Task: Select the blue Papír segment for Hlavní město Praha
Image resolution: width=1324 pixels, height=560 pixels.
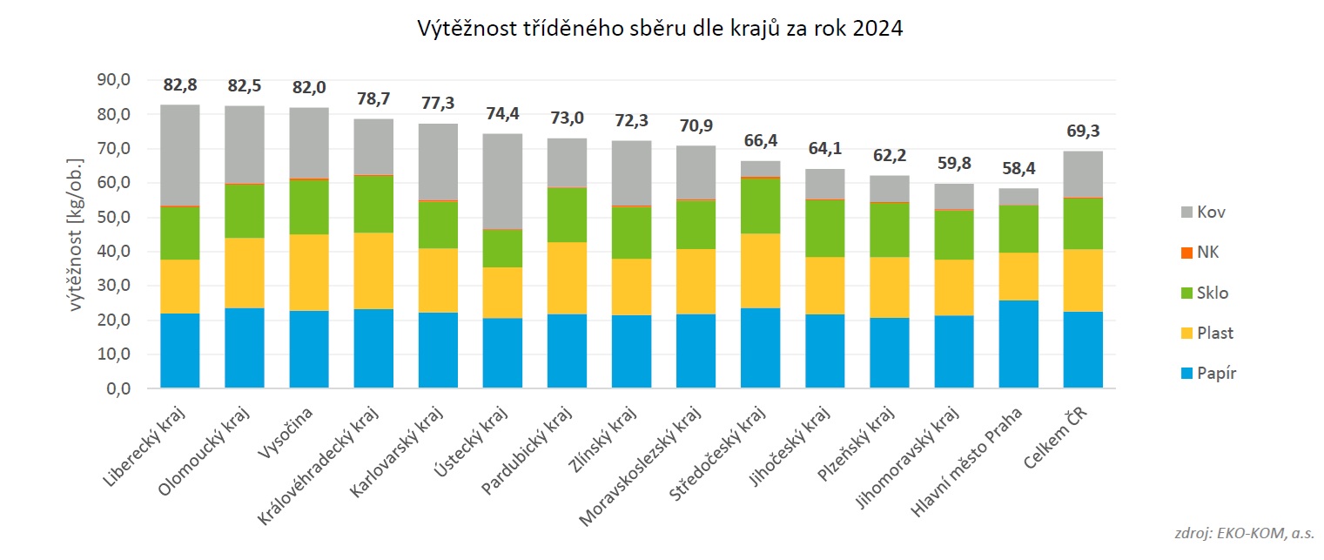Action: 1018,344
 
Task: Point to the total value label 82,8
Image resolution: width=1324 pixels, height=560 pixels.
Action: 180,85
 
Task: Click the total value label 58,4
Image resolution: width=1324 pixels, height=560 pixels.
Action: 1018,169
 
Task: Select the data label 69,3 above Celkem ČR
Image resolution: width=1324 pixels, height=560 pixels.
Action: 1083,132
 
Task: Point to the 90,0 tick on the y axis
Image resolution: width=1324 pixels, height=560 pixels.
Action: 112,80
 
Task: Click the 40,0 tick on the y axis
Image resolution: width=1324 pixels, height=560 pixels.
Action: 112,252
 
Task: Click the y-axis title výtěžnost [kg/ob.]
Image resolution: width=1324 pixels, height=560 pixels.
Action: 77,234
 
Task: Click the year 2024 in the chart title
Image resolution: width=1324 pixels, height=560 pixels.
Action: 877,29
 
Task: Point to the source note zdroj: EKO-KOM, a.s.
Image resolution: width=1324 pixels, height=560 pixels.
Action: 1245,534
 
